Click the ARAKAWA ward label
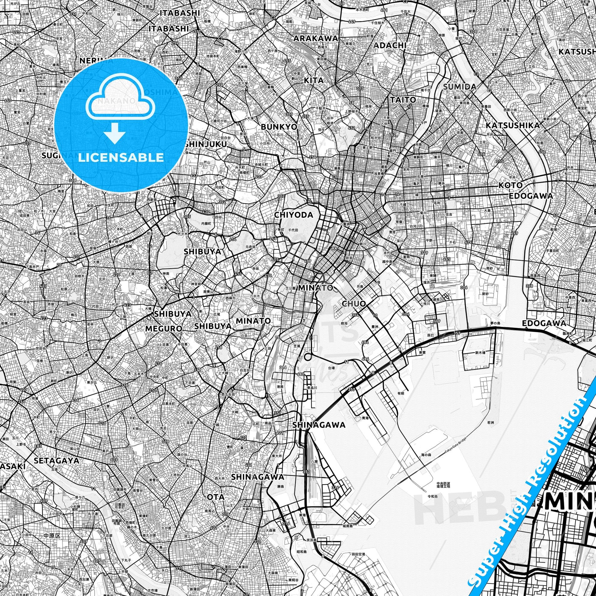[x=315, y=39]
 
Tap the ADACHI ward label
[x=390, y=45]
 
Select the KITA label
[x=314, y=81]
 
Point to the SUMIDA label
[x=459, y=87]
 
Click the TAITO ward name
[x=403, y=100]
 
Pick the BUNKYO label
[x=279, y=127]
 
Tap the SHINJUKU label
[x=206, y=144]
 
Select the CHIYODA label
[x=293, y=215]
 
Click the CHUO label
[x=353, y=304]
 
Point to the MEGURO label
[x=164, y=329]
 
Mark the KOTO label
[x=511, y=185]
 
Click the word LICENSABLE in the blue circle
[x=121, y=157]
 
